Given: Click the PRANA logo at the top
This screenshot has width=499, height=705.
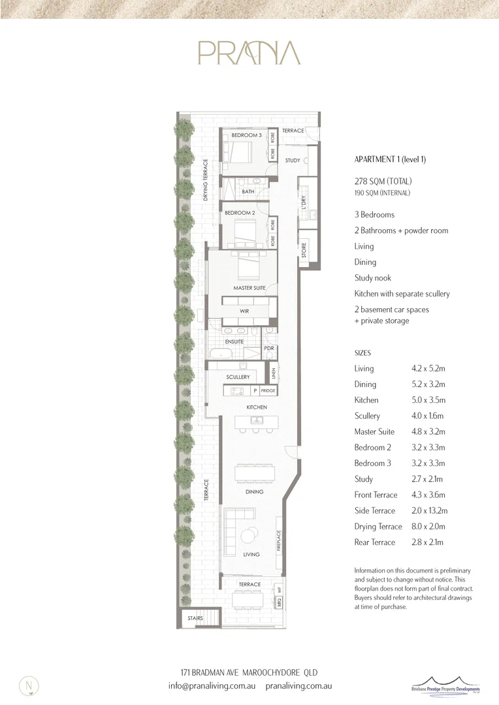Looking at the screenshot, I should pos(249,53).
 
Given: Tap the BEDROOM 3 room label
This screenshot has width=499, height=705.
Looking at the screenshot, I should pos(247,135).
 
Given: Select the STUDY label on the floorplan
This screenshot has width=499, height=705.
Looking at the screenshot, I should pos(293,161).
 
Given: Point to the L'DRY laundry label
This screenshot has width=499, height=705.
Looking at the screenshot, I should pos(303,202).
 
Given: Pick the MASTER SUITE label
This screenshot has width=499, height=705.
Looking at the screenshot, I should pos(249,288).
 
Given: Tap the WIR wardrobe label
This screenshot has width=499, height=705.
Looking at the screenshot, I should pos(244,311).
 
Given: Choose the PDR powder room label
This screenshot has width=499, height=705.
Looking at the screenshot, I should pos(268,349).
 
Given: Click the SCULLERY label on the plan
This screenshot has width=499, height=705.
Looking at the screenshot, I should pos(238,377).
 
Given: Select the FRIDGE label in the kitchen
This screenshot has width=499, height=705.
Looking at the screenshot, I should pos(268,391).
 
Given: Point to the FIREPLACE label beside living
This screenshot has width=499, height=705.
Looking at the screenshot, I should pos(279,541).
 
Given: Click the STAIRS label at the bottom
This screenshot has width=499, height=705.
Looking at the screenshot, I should pos(195,618).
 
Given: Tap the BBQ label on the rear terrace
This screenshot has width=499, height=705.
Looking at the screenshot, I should pos(279,604).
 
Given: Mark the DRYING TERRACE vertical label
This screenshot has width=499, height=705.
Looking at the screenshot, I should pos(205,180).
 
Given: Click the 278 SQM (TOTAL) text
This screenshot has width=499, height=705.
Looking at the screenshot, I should pos(383,181).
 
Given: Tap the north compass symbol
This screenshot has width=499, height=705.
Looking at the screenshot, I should pos(29,685).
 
